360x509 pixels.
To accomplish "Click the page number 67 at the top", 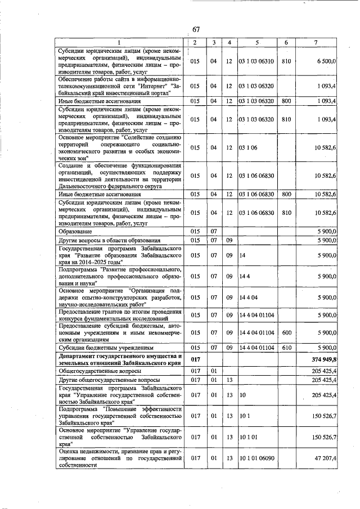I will (196, 30).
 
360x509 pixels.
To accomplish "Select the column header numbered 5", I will (256, 43).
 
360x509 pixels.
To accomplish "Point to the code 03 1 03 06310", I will (257, 61).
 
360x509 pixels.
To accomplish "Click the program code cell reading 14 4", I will (244, 276).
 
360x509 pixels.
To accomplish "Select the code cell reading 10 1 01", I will (248, 436).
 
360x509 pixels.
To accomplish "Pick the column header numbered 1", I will (119, 43).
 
